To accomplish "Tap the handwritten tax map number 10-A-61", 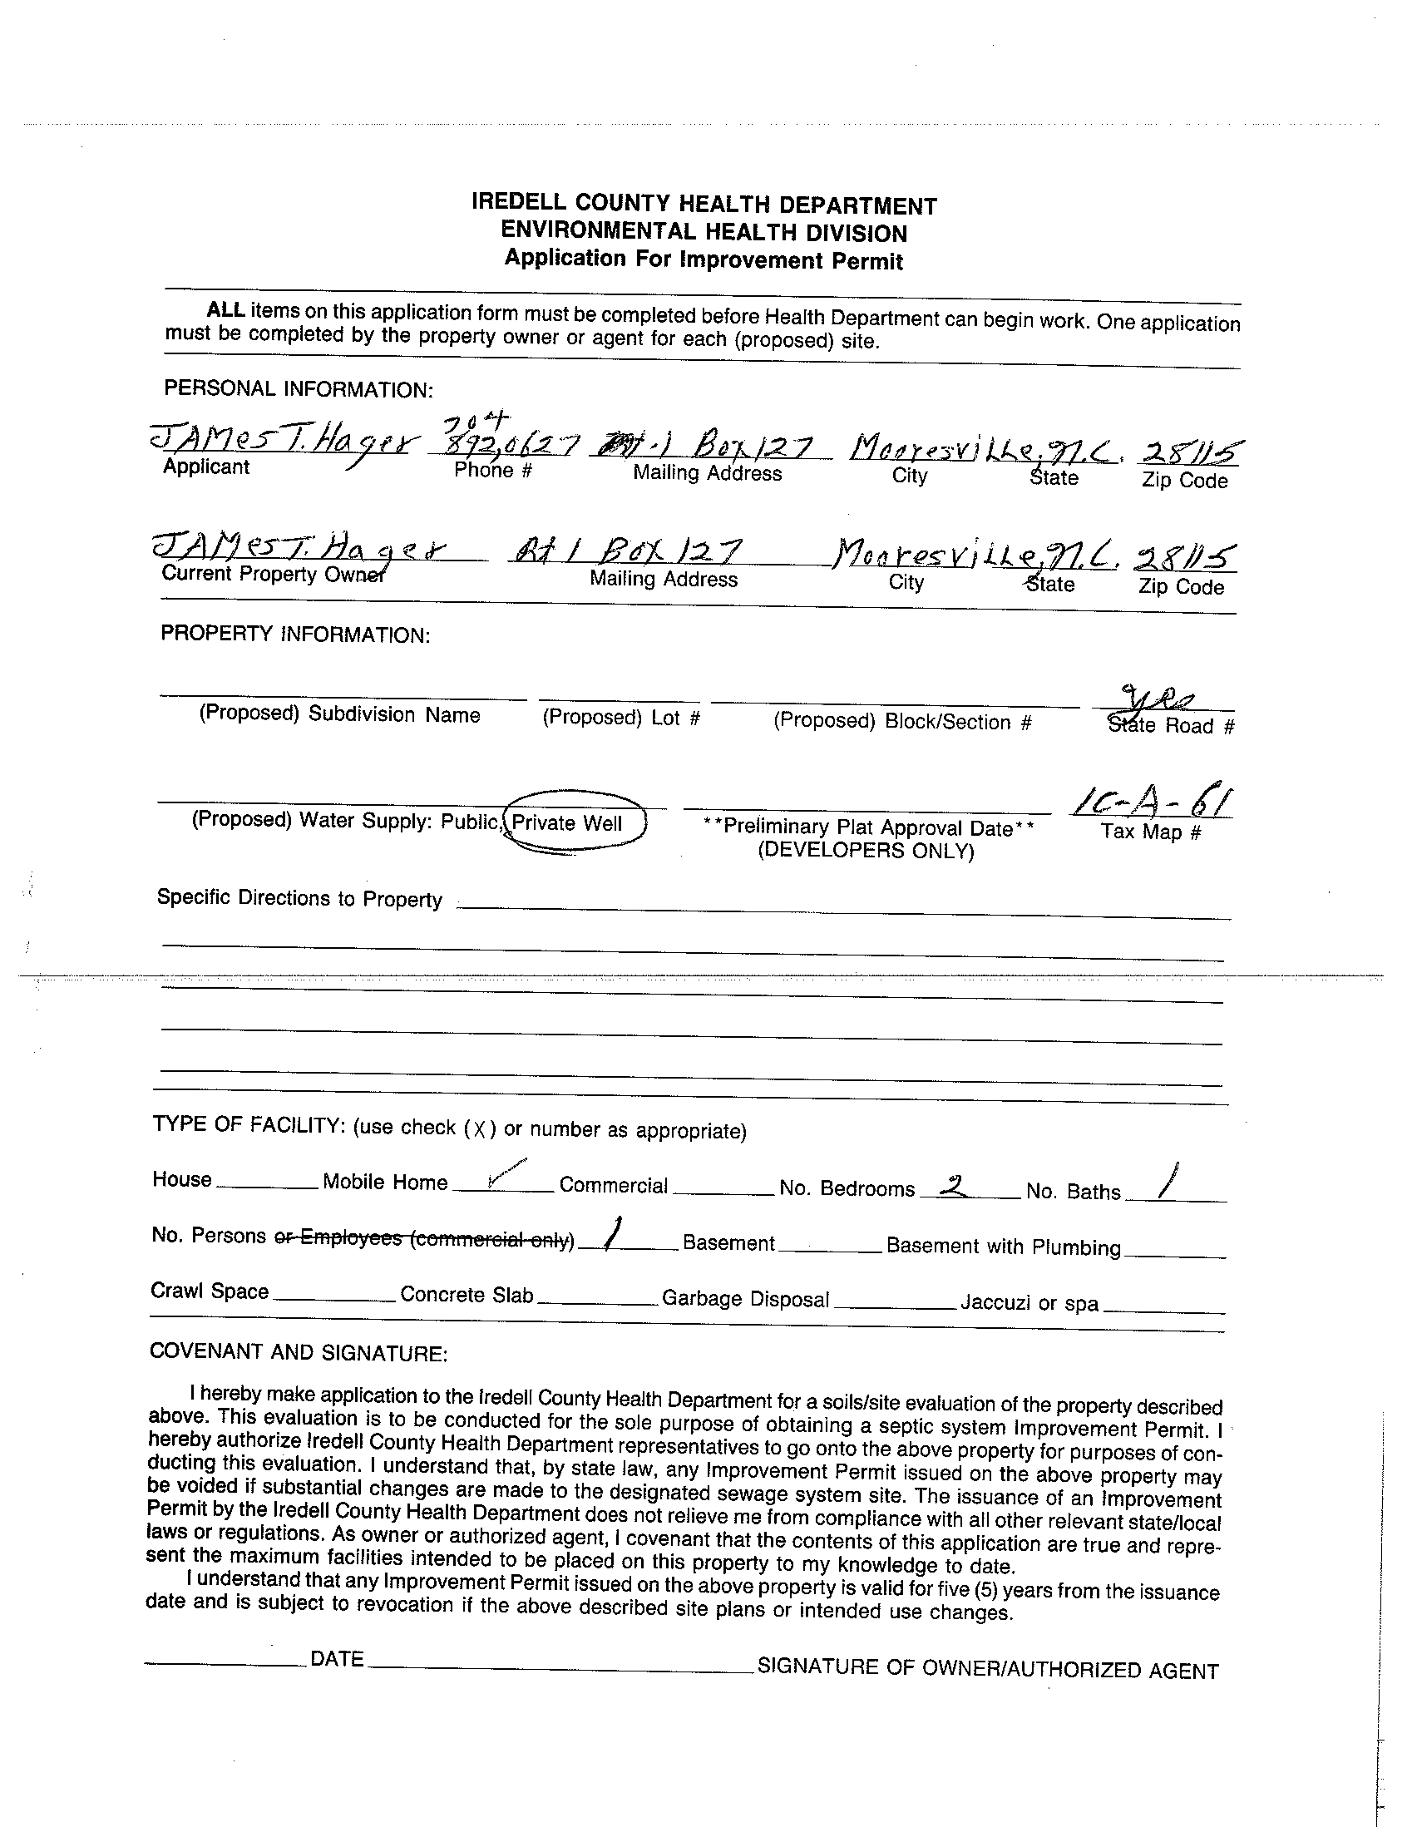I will pos(1152,802).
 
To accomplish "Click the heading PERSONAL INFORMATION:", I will pos(299,389).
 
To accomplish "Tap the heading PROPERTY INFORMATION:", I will pos(295,635).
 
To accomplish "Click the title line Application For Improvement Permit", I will pos(704,259).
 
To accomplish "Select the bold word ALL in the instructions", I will pos(226,310).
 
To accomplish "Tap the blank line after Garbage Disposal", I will pos(894,1306).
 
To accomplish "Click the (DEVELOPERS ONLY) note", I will pos(866,852).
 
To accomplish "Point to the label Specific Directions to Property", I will pos(299,898).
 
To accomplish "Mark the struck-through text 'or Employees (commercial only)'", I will pos(424,1238).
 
